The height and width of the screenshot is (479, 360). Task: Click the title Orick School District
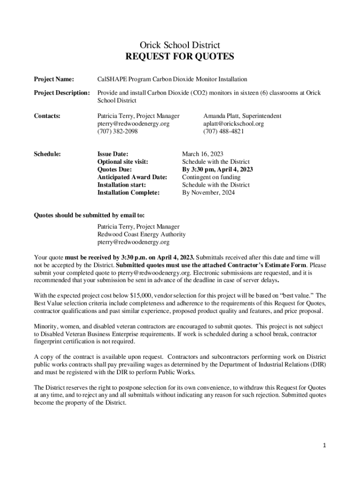pos(180,45)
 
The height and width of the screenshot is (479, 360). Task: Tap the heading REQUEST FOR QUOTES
pos(180,57)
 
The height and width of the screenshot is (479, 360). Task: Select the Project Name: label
pos(54,80)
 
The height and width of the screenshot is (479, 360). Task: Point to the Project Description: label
pos(62,93)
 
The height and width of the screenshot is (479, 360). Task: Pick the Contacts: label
pos(48,116)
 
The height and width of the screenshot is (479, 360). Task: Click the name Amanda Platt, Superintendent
pos(242,116)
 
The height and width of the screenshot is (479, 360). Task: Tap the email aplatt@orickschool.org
pos(233,123)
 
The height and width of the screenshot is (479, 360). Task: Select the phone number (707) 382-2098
pos(117,131)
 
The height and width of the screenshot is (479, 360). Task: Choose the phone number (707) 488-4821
pos(223,131)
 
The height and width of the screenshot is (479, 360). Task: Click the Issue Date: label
pos(113,154)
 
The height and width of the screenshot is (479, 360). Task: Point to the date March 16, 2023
pos(202,154)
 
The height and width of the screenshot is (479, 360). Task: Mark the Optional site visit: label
pos(122,162)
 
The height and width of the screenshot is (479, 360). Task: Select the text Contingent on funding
pos(211,177)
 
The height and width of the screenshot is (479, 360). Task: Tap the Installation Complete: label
pos(129,192)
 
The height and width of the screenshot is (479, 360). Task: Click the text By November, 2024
pos(209,192)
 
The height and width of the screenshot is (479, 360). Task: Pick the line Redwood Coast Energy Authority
pos(141,234)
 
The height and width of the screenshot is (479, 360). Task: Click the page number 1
pos(324,445)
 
